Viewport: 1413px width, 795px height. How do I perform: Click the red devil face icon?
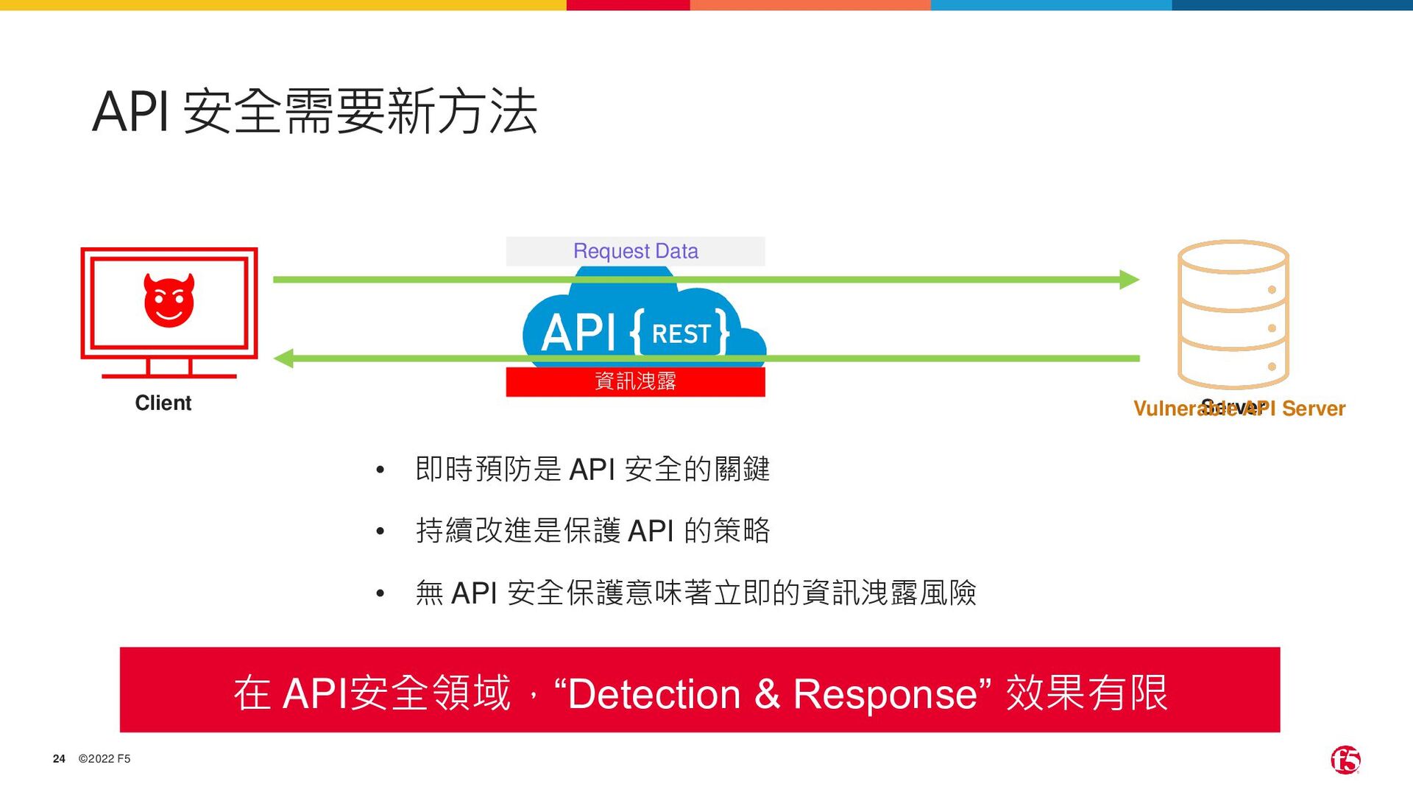(169, 300)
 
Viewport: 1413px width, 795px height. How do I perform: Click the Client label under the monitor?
(163, 403)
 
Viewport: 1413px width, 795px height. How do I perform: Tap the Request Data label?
(635, 251)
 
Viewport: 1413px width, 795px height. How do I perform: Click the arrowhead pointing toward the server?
(1129, 280)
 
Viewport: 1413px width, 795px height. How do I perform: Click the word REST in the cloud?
(681, 334)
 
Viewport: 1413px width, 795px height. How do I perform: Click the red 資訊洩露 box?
(635, 381)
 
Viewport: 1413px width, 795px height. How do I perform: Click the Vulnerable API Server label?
(1239, 409)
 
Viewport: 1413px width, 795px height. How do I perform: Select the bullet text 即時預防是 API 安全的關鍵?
(592, 469)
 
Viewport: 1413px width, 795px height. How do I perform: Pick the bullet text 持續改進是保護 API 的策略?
(592, 530)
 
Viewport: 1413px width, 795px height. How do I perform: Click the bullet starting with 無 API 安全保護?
(695, 593)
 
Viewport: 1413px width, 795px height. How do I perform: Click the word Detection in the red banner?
(654, 693)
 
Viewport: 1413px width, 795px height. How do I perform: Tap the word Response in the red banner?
(885, 693)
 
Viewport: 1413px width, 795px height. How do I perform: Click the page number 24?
(59, 759)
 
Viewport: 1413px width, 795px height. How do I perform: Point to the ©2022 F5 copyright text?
(105, 759)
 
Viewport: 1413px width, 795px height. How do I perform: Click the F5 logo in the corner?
(1345, 760)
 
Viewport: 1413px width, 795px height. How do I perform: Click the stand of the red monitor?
(169, 368)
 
